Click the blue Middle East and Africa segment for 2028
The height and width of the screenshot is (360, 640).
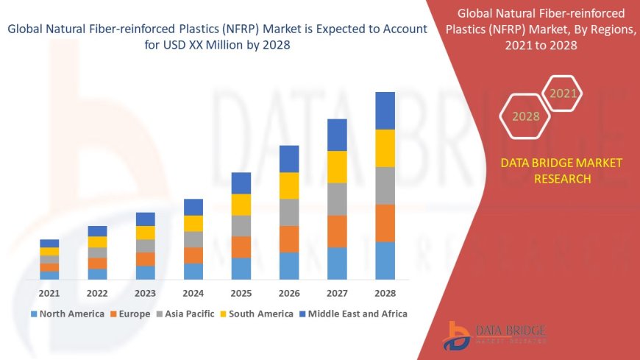pos(385,110)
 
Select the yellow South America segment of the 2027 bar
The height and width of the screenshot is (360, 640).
pos(337,166)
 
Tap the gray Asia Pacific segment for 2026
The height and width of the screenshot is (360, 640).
pos(289,212)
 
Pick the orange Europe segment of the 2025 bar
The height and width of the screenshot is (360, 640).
pos(241,247)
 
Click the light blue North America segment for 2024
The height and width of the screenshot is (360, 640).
pos(193,271)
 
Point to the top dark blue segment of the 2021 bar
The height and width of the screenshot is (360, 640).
pos(49,243)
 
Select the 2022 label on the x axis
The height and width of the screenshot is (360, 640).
pos(97,293)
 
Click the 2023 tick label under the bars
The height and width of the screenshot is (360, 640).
pos(145,293)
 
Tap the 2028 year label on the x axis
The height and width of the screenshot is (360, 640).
pos(385,293)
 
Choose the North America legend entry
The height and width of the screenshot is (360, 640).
pos(67,314)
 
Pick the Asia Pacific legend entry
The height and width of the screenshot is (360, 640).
pos(182,314)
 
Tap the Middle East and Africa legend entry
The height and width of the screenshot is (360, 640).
pos(352,314)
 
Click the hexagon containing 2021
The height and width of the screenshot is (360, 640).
pos(563,93)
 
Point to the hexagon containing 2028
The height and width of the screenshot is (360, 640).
pos(525,116)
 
